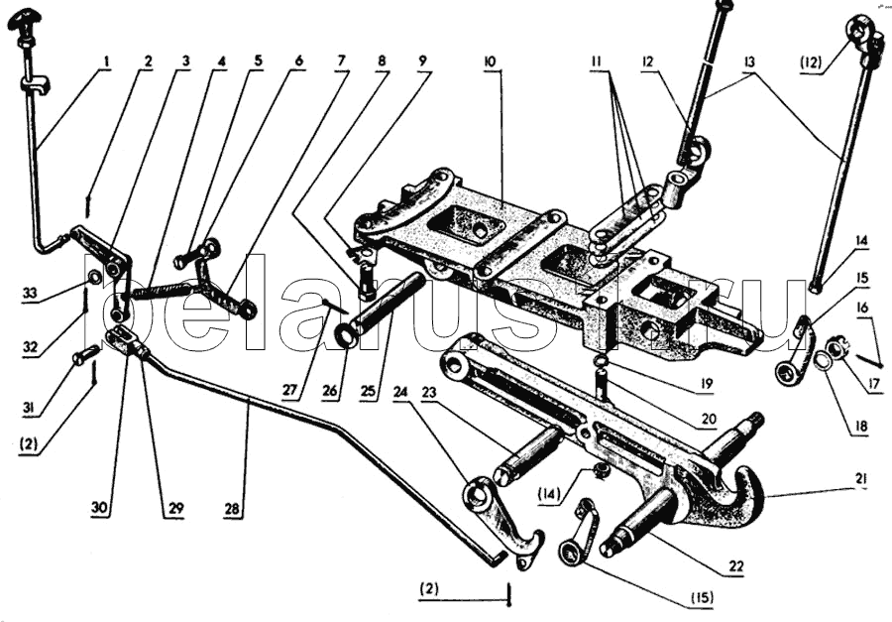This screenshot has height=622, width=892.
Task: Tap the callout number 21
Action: click(863, 479)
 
